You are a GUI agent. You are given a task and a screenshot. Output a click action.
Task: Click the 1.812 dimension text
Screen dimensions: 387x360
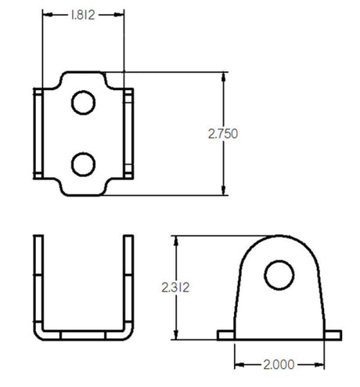(83, 14)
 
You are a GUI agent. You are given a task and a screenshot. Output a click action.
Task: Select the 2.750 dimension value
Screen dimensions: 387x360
(223, 134)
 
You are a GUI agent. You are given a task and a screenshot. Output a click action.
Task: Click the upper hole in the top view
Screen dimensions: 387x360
(83, 101)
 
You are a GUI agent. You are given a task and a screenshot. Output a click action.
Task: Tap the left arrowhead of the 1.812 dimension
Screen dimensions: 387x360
(46, 14)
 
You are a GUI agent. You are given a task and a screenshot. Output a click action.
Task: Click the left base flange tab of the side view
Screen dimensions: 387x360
(225, 335)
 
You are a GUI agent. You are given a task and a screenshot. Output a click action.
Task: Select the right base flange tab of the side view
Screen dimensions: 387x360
(332, 335)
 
